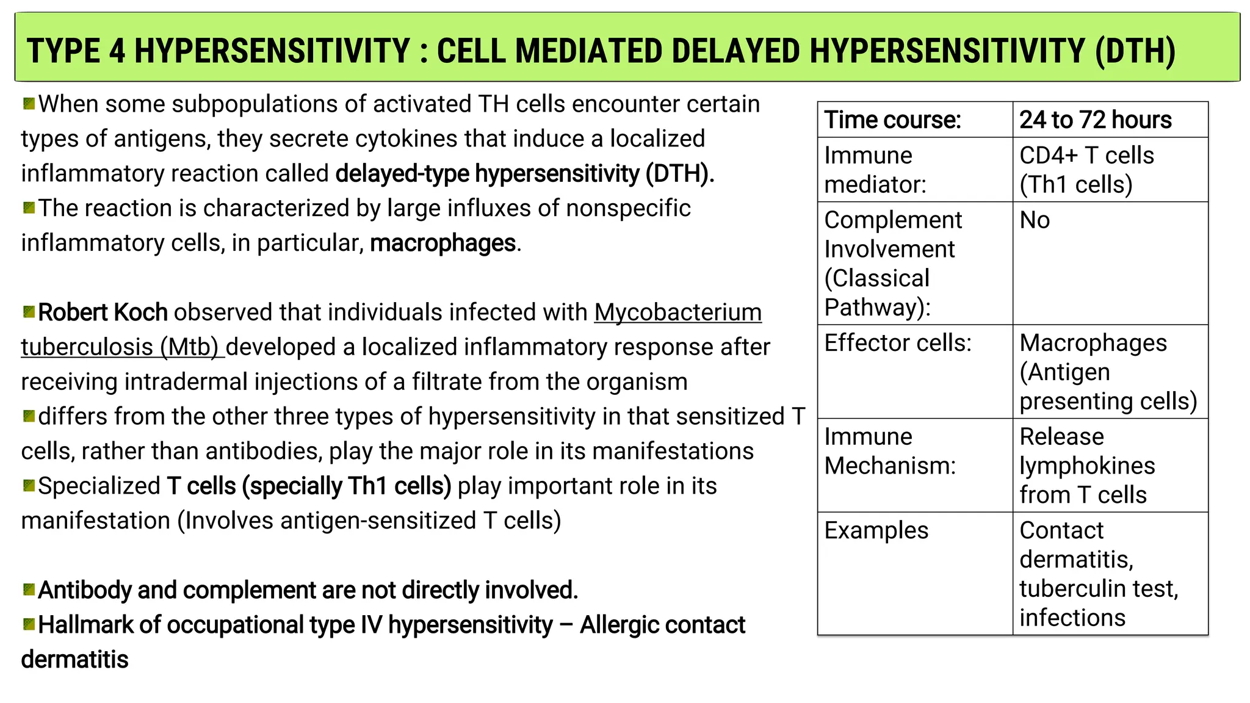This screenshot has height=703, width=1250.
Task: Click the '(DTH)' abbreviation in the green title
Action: coord(1135,51)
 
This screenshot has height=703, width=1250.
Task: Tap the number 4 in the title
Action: coord(117,51)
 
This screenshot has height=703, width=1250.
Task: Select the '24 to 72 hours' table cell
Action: coord(1096,120)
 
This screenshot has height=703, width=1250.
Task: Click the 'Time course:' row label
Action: coord(892,120)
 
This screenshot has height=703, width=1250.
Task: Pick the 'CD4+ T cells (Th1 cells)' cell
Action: coord(1086,170)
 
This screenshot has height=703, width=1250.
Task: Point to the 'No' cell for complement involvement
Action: coord(1035,220)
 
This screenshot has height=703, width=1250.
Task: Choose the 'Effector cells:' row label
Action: coord(897,343)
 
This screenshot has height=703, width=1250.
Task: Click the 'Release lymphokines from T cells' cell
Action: coord(1086,466)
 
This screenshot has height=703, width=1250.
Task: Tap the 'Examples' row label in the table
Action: coord(876,530)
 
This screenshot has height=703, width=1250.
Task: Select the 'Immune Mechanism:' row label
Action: coord(890,452)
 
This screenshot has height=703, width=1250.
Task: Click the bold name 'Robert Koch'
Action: coord(103,312)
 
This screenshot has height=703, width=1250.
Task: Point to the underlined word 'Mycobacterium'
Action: coord(677,312)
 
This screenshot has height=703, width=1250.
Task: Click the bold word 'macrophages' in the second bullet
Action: coord(443,243)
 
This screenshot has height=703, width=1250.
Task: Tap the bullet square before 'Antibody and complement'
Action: coord(29,589)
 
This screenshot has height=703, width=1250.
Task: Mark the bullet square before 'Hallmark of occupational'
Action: coord(29,624)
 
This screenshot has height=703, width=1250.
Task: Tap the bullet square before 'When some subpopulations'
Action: coord(29,103)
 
